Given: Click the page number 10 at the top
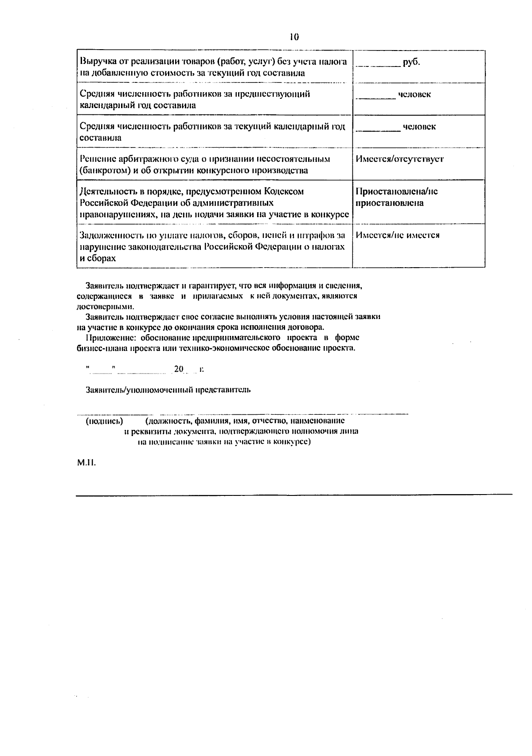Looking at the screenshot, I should (294, 37).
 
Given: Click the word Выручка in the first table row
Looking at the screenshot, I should (95, 62).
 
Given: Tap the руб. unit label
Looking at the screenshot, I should (411, 62).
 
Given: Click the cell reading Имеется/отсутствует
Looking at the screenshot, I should (399, 159).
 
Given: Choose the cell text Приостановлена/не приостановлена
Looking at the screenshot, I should (396, 197).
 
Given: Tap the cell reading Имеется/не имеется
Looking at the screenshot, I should (398, 235).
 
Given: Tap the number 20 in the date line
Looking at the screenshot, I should (179, 369).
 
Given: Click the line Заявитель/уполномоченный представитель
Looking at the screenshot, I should (168, 390).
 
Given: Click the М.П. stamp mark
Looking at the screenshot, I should (86, 464).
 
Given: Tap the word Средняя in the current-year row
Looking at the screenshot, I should (97, 126).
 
